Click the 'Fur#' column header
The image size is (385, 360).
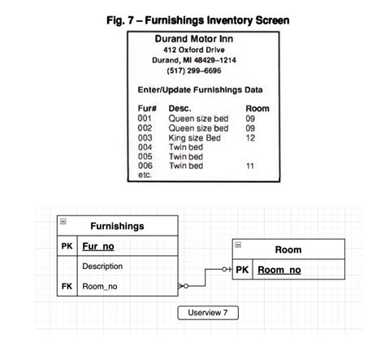(x=148, y=108)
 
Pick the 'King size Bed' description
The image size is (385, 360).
(x=195, y=137)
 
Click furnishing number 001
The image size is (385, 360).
(x=145, y=119)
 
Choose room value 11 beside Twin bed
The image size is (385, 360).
(x=250, y=166)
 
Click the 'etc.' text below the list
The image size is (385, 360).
(x=146, y=175)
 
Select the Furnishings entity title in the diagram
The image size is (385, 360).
(x=117, y=225)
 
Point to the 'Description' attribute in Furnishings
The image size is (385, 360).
(x=102, y=266)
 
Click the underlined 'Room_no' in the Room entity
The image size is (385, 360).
(x=279, y=271)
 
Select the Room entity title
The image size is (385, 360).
(x=288, y=250)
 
